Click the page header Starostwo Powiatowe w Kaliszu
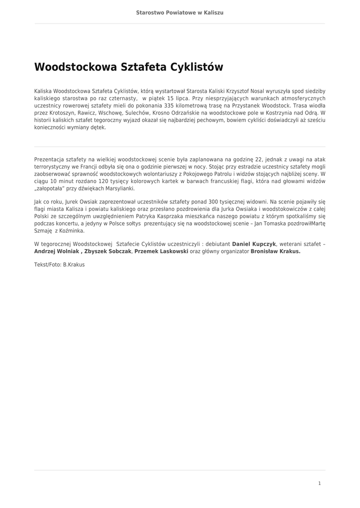pos(180,12)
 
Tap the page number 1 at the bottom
pos(319,483)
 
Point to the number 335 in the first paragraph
pos(169,106)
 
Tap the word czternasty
pos(122,99)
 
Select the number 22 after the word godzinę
pos(258,160)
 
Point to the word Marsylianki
pos(119,189)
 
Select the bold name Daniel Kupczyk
pos(255,244)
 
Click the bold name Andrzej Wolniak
pos(56,252)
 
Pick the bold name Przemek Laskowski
pos(161,252)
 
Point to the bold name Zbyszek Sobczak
pos(108,252)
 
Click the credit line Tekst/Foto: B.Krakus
pos(60,265)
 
